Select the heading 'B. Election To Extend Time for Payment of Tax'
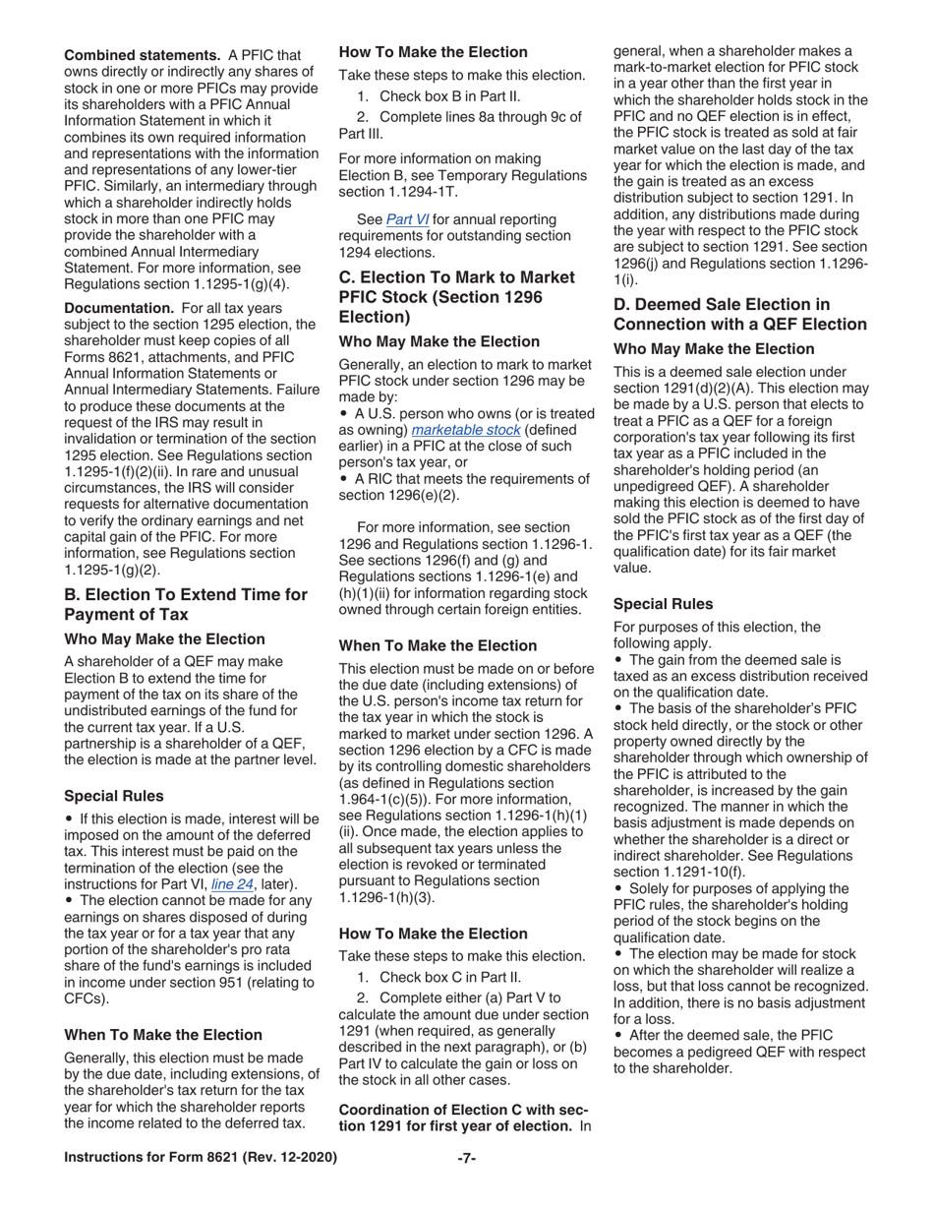coord(186,604)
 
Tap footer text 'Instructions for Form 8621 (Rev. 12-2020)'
coord(201,1158)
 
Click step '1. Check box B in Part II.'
coord(438,96)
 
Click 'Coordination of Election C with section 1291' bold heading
coord(456,1118)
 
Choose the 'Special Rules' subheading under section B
coord(113,796)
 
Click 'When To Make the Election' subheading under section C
coord(438,645)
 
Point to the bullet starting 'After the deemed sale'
coord(737,1051)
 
